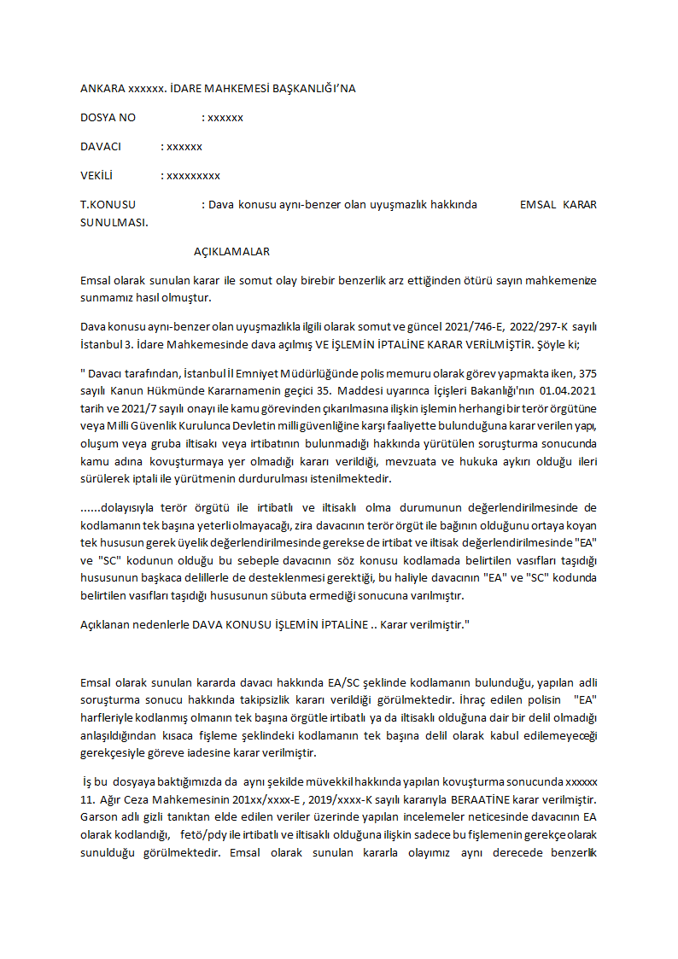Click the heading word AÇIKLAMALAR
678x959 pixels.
231,252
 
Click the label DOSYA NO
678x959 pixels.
108,118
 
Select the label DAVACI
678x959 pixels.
101,147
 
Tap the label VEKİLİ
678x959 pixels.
96,176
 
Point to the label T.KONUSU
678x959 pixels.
108,205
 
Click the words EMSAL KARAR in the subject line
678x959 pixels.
558,205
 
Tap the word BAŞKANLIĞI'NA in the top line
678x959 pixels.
308,89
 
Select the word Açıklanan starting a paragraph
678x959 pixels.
107,624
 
